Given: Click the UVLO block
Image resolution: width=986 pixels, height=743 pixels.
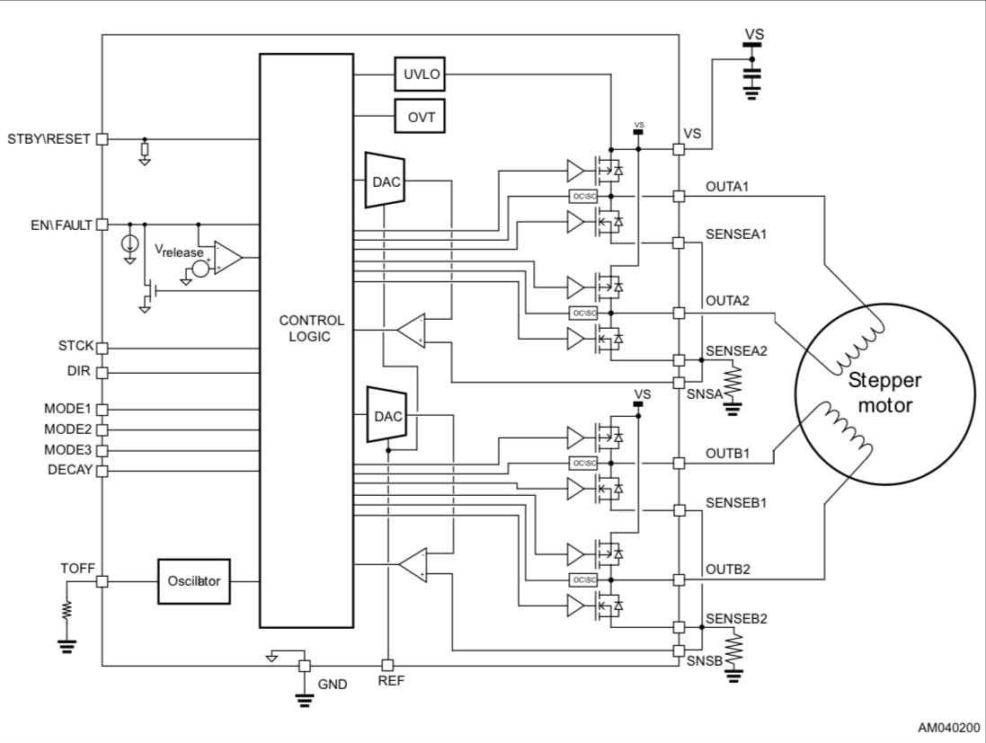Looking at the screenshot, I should (422, 75).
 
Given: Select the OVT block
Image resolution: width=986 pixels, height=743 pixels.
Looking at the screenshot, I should (422, 117).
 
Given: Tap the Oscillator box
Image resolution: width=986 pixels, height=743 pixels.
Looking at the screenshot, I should (194, 581).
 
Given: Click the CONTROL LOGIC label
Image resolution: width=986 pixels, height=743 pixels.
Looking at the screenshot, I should (311, 328).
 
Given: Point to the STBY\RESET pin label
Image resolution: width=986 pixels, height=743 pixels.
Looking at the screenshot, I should (49, 139).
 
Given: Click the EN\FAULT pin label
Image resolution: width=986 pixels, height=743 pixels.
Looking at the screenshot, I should (61, 225).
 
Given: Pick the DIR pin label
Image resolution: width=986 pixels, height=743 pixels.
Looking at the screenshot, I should (79, 371).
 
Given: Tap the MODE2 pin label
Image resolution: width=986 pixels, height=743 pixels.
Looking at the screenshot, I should (68, 429).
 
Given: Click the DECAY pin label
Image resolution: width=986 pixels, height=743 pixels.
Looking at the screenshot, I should (70, 470).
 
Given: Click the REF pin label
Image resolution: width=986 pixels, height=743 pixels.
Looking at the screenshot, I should (391, 681).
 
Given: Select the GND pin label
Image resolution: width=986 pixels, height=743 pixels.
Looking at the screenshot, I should (332, 685).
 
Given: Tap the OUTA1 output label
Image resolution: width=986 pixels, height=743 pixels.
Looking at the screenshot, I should (727, 187).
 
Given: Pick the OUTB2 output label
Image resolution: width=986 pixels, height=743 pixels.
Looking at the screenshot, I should (727, 570).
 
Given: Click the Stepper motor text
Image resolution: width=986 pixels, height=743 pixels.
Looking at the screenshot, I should (884, 393).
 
